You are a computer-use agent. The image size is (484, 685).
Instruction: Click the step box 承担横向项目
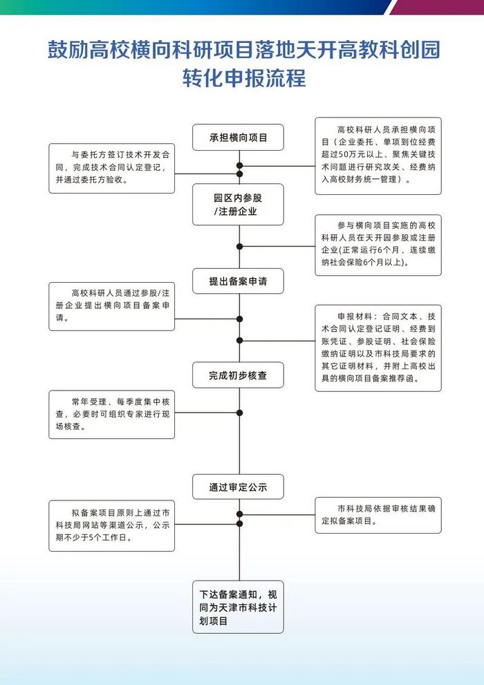[x=238, y=137]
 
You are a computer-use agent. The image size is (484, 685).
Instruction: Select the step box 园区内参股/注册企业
[x=238, y=205]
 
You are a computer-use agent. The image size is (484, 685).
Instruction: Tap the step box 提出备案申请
[x=238, y=281]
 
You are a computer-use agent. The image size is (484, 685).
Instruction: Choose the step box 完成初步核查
[x=238, y=375]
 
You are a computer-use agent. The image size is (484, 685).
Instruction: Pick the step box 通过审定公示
[x=238, y=487]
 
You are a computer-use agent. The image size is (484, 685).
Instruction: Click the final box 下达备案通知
[x=238, y=608]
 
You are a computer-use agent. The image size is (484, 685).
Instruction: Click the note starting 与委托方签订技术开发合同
[x=112, y=168]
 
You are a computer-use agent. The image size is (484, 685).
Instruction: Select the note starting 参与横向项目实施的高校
[x=378, y=245]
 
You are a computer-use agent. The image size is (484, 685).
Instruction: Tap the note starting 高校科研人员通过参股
[x=112, y=306]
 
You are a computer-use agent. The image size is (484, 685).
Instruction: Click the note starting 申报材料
[x=378, y=348]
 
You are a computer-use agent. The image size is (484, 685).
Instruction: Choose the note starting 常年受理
[x=112, y=415]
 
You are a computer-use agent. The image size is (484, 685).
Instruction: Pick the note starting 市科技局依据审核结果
[x=378, y=515]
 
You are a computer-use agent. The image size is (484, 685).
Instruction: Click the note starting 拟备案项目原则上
[x=112, y=526]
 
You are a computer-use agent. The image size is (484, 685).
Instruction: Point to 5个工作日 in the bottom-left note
[x=110, y=538]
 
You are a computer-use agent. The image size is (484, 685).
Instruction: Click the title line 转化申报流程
[x=244, y=78]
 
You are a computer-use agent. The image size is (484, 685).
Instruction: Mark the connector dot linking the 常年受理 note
[x=239, y=413]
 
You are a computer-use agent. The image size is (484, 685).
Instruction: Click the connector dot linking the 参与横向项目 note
[x=239, y=246]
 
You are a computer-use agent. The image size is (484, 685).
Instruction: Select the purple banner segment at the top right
[x=437, y=7]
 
